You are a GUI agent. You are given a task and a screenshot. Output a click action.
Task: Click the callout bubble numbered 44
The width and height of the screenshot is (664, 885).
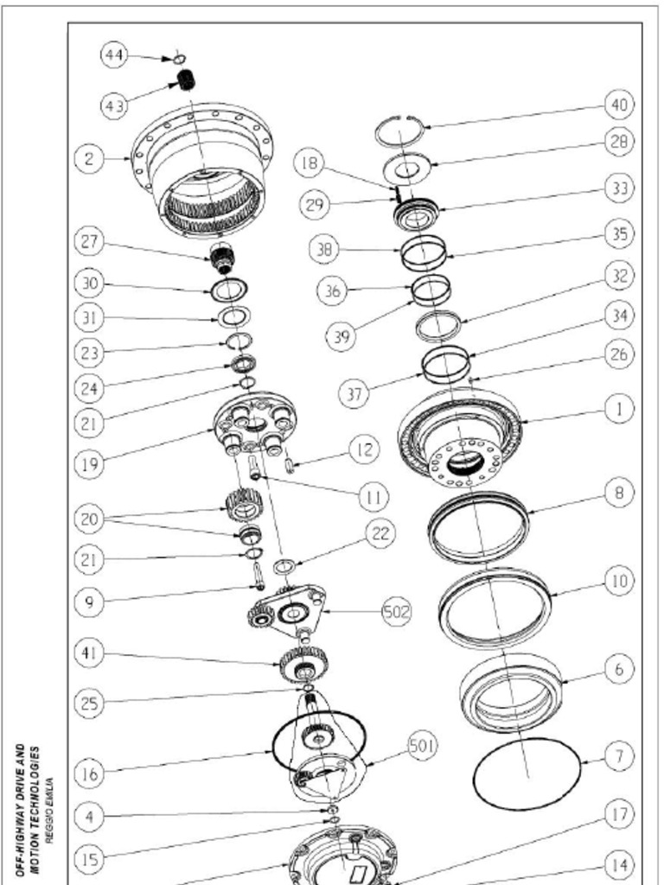coord(113,55)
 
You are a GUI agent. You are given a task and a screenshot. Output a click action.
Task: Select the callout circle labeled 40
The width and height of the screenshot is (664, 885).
coord(619,105)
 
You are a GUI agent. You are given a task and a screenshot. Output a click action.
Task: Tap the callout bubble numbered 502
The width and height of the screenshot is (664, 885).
coord(397,611)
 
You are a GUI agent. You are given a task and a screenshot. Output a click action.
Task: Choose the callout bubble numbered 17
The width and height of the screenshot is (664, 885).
coord(619,814)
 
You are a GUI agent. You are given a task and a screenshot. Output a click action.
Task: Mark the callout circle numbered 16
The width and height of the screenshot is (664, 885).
coord(89,774)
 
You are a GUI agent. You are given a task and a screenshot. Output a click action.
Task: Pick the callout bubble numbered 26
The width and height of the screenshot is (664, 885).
coord(619,354)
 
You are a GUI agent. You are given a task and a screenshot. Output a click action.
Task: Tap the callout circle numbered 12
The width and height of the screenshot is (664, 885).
coord(364,449)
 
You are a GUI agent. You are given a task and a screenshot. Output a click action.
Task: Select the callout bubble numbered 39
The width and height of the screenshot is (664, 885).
coord(342,337)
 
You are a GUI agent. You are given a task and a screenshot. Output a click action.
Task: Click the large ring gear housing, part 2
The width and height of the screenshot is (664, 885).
coord(204,169)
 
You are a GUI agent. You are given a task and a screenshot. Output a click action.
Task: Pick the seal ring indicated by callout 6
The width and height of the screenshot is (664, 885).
coord(510,693)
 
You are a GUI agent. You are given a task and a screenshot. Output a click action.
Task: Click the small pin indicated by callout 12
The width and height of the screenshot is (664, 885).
coord(291,467)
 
